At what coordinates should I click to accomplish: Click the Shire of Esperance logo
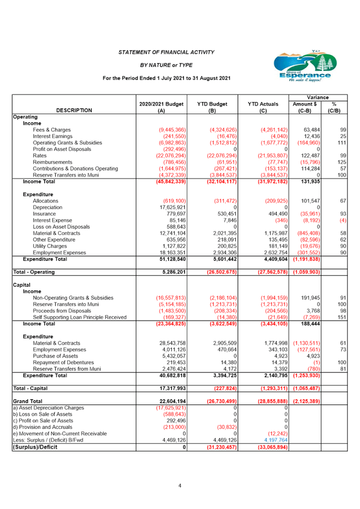tap(302, 66)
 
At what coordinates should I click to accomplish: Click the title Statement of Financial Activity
tap(166, 52)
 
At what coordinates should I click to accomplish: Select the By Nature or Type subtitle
tap(166, 65)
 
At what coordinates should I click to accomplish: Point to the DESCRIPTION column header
tap(74, 110)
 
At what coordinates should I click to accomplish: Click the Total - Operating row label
tap(34, 272)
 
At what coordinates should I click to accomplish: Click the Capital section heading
tap(22, 285)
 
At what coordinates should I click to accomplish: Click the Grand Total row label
tap(28, 401)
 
